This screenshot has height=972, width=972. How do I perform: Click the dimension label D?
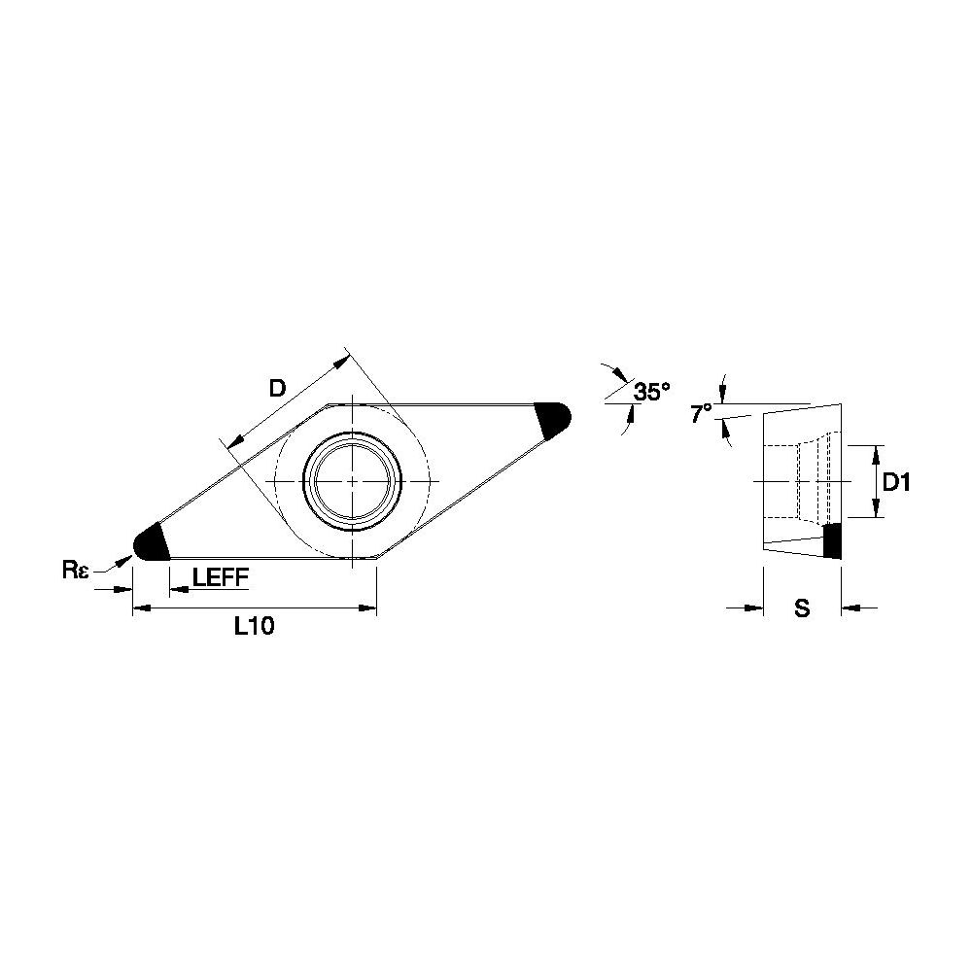(278, 389)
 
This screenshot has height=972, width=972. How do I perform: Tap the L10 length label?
(254, 627)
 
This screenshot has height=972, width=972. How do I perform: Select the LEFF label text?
(220, 577)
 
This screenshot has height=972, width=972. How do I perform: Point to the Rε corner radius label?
(76, 570)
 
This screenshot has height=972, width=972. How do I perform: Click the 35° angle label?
(651, 392)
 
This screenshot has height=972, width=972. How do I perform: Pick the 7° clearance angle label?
(701, 413)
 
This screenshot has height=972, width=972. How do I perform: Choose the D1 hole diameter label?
(896, 482)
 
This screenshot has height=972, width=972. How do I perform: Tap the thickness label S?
(802, 608)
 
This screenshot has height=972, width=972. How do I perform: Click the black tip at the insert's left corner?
(151, 542)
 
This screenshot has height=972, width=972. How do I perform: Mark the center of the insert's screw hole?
(352, 481)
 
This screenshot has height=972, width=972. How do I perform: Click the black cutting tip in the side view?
(832, 540)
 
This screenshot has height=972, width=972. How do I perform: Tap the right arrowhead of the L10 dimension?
(367, 608)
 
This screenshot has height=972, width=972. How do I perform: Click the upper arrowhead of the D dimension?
(342, 363)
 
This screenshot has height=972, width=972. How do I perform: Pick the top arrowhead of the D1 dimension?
(876, 454)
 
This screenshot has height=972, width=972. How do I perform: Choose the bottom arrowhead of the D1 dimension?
(876, 508)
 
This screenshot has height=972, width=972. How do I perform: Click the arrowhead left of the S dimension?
(754, 608)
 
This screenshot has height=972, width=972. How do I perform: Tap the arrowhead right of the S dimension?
(850, 608)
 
